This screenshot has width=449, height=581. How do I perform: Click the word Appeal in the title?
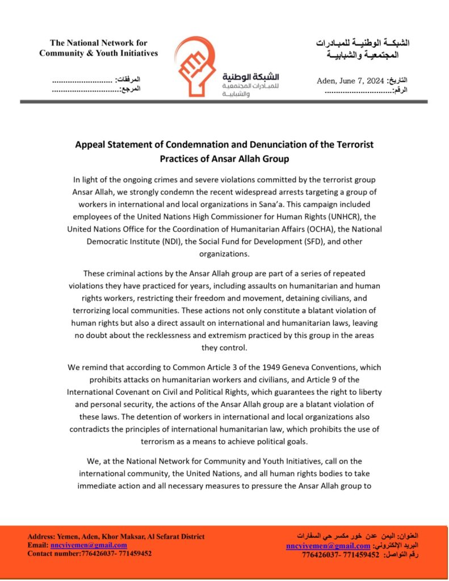pyautogui.click(x=90, y=145)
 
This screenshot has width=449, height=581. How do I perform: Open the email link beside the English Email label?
pyautogui.click(x=89, y=545)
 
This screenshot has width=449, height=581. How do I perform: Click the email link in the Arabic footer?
pyautogui.click(x=328, y=546)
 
